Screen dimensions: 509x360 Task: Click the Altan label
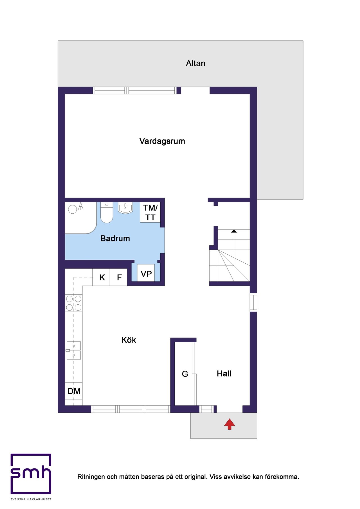pyautogui.click(x=195, y=64)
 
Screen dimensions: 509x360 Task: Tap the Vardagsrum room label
pyautogui.click(x=162, y=141)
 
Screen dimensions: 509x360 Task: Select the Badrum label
pyautogui.click(x=115, y=238)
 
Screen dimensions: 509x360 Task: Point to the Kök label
pyautogui.click(x=129, y=340)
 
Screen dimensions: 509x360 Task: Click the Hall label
pyautogui.click(x=224, y=374)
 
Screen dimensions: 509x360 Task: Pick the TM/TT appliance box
pyautogui.click(x=150, y=212)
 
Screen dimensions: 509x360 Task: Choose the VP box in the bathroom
pyautogui.click(x=146, y=273)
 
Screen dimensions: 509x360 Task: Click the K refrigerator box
pyautogui.click(x=102, y=277)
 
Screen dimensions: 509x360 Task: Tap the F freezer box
pyautogui.click(x=119, y=277)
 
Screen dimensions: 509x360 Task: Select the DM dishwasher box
pyautogui.click(x=74, y=391)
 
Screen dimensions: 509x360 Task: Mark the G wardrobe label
pyautogui.click(x=185, y=374)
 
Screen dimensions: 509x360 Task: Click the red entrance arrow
pyautogui.click(x=229, y=424)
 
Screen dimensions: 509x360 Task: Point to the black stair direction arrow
pyautogui.click(x=234, y=231)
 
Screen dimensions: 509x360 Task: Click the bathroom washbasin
pyautogui.click(x=125, y=208)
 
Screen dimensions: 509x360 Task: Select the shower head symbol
pyautogui.click(x=80, y=206)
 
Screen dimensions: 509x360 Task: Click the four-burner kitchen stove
pyautogui.click(x=74, y=303)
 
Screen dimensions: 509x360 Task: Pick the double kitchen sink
pyautogui.click(x=74, y=350)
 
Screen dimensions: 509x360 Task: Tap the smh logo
pyautogui.click(x=31, y=474)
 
